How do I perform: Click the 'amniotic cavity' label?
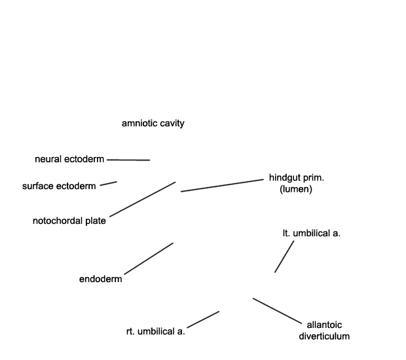(153, 124)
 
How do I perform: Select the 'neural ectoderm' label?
(69, 159)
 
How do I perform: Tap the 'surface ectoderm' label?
(59, 186)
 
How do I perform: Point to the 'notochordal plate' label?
(69, 221)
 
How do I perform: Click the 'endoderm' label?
(100, 279)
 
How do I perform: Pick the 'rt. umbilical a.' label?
(156, 331)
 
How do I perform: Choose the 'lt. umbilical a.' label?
(312, 233)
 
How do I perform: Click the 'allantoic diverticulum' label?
(324, 331)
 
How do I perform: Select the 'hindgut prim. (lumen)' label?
(297, 183)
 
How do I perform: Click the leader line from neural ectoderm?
(128, 160)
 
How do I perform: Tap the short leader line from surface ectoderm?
(109, 183)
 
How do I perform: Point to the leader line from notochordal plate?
(143, 199)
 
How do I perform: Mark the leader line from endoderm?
(149, 259)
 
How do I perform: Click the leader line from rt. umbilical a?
(203, 319)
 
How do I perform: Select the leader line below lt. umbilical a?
(284, 257)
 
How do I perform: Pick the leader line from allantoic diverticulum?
(277, 311)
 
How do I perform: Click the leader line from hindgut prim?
(222, 185)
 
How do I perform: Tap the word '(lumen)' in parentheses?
(296, 189)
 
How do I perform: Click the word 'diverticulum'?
(324, 336)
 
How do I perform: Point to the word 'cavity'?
(172, 124)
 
